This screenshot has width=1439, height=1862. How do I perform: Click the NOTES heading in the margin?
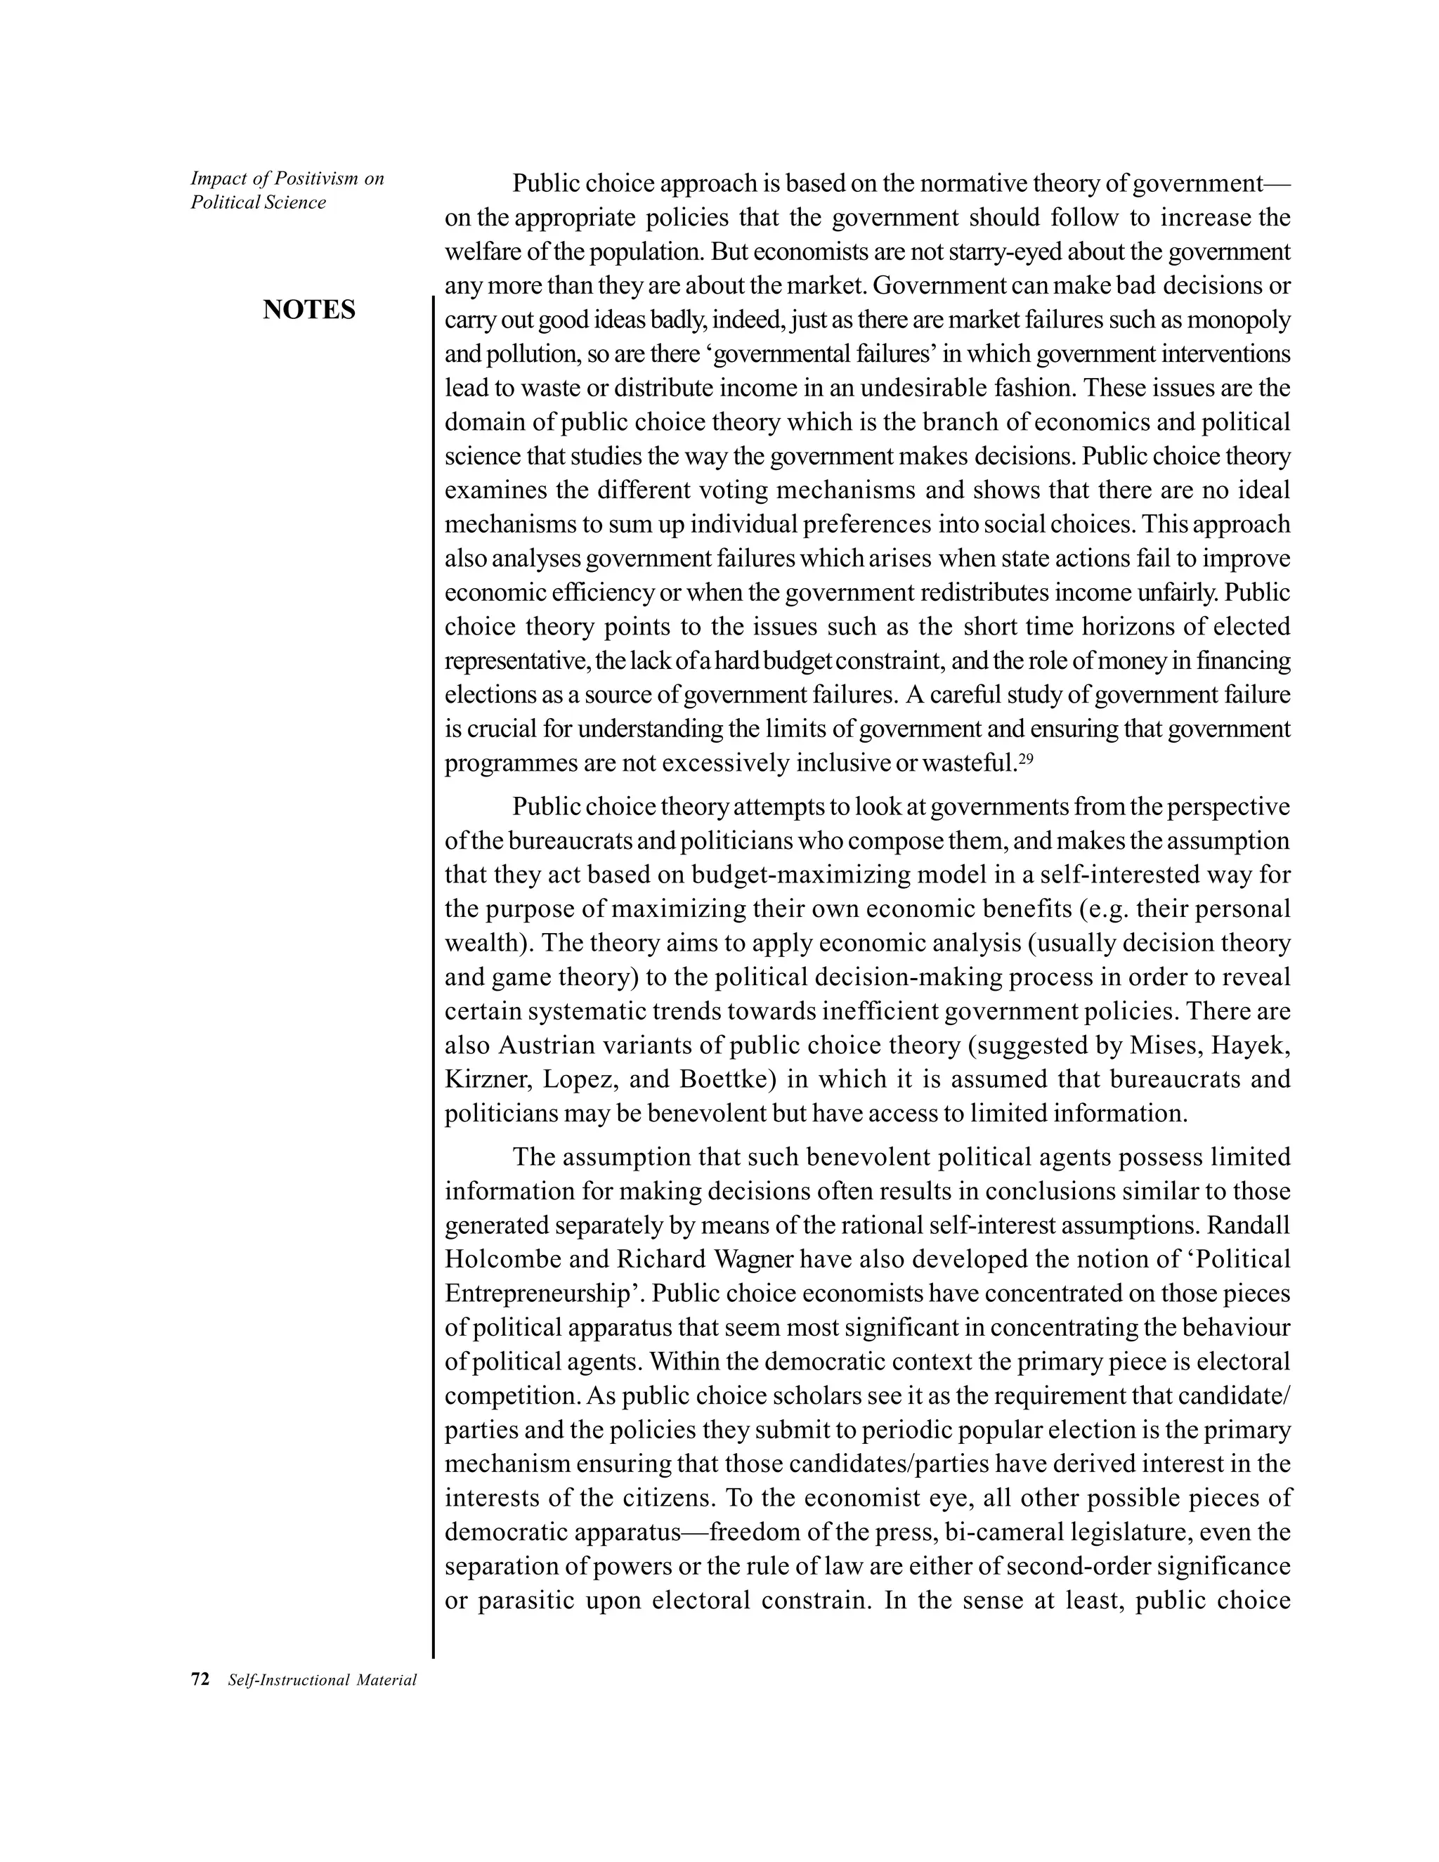pos(308,311)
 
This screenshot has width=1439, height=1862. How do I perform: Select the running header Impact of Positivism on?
pos(287,178)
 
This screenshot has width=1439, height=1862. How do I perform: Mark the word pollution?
pos(534,355)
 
